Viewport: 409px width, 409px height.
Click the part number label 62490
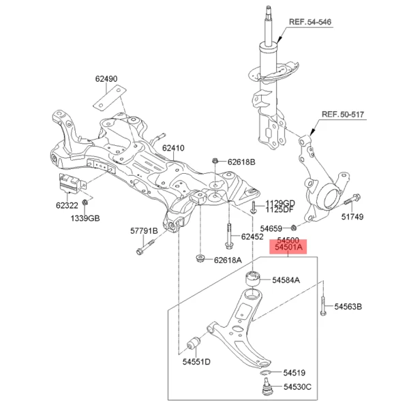point(106,79)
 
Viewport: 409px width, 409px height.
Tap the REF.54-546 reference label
point(309,22)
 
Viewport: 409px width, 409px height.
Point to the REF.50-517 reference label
point(344,117)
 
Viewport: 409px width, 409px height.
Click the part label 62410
point(173,148)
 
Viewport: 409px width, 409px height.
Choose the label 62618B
point(241,162)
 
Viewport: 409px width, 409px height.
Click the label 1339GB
point(86,218)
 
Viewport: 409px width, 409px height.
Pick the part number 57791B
point(144,232)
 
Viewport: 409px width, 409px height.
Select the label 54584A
point(286,280)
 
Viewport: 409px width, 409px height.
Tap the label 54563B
point(348,307)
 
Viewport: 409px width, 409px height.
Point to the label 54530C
point(297,387)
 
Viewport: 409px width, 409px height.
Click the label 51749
point(352,217)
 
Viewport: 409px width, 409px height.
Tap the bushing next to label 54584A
point(252,279)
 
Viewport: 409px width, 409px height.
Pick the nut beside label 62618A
point(200,258)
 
